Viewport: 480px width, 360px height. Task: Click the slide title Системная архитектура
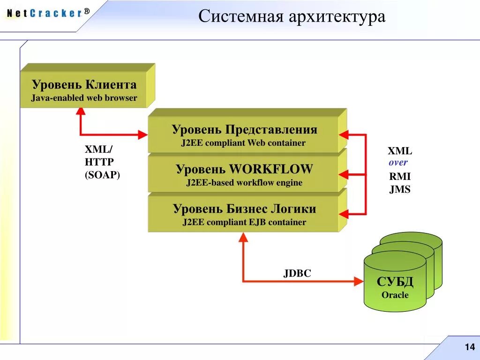[292, 17]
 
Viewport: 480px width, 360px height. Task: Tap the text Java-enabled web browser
[84, 98]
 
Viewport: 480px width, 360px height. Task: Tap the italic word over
[398, 163]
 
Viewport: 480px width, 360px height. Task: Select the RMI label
[400, 177]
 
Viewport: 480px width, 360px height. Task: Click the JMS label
[400, 190]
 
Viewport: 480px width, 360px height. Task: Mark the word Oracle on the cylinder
[395, 295]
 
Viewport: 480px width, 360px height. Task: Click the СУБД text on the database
[395, 282]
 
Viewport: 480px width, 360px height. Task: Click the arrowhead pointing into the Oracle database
[359, 281]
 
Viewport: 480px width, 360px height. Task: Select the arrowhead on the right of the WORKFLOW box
[344, 175]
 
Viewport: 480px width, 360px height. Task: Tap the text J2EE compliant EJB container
[244, 222]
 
